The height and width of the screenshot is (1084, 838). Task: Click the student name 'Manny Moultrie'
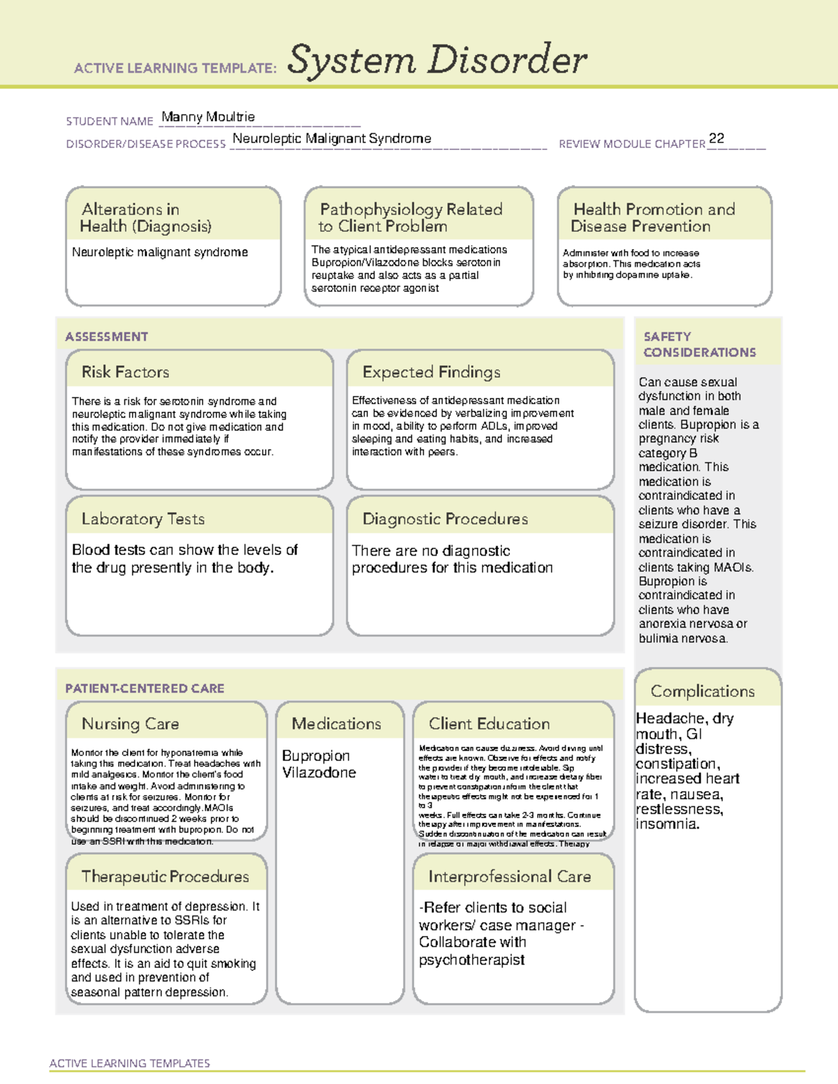[x=208, y=117]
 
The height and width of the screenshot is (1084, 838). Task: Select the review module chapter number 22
[x=716, y=138]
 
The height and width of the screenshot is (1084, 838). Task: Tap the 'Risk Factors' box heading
[x=126, y=372]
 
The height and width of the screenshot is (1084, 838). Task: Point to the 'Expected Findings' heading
[x=431, y=372]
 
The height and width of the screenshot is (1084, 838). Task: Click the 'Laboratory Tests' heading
[x=143, y=519]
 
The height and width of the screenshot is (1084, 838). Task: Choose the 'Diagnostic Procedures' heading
[x=445, y=519]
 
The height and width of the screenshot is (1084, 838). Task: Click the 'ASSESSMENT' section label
[x=107, y=336]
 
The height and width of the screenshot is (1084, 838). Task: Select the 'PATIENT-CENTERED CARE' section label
[x=145, y=688]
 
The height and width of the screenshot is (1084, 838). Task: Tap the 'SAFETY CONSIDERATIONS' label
[x=699, y=345]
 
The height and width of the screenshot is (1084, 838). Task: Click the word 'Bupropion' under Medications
[x=316, y=756]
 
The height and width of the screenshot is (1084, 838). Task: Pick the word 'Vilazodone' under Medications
[x=319, y=773]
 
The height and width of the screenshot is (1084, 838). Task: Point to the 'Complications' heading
[x=703, y=691]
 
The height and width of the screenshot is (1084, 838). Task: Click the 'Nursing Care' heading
[x=131, y=724]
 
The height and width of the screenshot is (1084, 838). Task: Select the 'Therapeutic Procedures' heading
[x=165, y=876]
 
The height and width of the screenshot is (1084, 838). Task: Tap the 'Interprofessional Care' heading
[x=510, y=876]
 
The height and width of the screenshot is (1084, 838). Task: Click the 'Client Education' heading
[x=489, y=724]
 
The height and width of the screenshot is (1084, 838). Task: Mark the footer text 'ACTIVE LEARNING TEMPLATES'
[x=130, y=1063]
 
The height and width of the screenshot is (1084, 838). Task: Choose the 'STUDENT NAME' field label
[x=110, y=121]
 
